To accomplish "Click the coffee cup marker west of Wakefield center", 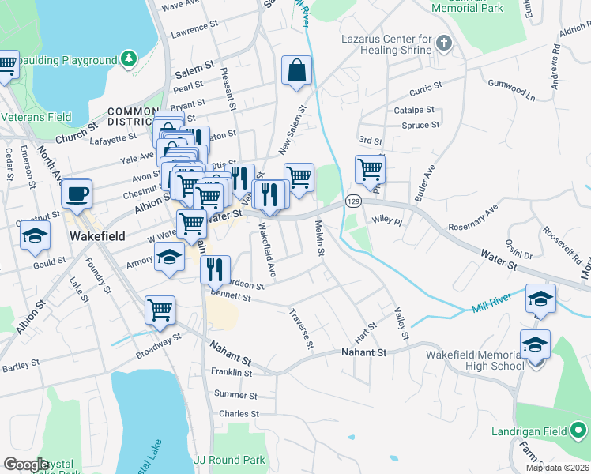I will tap(77, 194).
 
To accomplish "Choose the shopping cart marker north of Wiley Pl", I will tap(369, 168).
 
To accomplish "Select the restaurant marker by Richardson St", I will tap(215, 269).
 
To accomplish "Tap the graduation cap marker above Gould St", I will tap(34, 236).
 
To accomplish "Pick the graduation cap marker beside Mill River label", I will tap(540, 299).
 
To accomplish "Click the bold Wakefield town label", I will tap(99, 235).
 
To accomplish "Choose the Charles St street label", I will tap(239, 414).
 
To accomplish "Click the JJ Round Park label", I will tap(229, 459).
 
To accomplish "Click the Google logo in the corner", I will tap(26, 465).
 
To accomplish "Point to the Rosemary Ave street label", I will tap(473, 219).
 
